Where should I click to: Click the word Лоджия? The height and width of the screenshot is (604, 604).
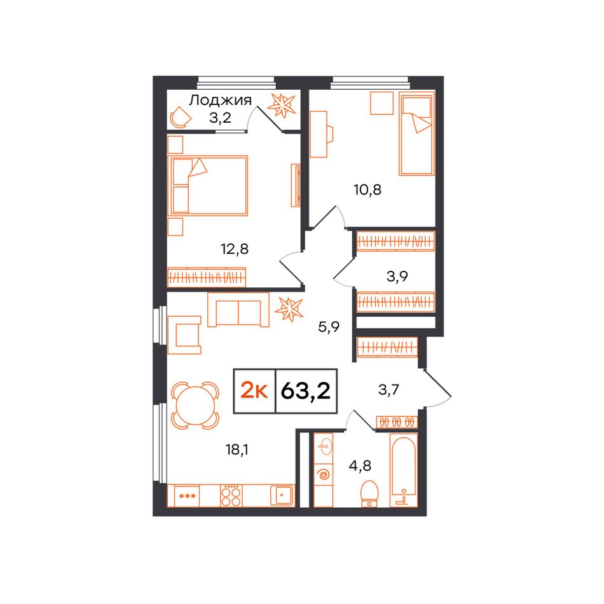click(x=220, y=100)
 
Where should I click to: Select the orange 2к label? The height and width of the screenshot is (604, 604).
click(x=254, y=391)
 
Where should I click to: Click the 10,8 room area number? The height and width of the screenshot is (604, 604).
click(x=367, y=189)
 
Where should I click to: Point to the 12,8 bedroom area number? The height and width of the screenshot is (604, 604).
click(x=234, y=249)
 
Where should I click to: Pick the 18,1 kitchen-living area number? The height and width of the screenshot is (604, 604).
click(x=237, y=449)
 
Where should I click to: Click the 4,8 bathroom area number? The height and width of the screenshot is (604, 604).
click(x=360, y=465)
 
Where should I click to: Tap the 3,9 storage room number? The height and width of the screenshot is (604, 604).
click(x=397, y=276)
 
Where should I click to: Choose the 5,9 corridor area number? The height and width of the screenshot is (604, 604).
click(x=329, y=327)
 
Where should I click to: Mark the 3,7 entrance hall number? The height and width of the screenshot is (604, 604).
click(x=388, y=390)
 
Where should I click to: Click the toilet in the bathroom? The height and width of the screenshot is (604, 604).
click(x=369, y=493)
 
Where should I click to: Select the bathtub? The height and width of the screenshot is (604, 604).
click(x=403, y=470)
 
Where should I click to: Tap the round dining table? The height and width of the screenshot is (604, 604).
click(x=195, y=406)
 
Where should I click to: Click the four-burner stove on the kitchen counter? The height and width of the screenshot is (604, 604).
click(x=231, y=495)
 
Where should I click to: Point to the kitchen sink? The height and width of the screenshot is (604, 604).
click(x=282, y=495)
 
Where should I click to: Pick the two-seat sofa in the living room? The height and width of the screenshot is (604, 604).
click(x=238, y=310)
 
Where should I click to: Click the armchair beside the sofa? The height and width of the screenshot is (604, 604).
click(x=184, y=334)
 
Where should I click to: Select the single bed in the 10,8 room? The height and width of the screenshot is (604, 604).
click(x=416, y=134)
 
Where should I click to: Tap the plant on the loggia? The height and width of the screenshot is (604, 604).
click(x=282, y=104)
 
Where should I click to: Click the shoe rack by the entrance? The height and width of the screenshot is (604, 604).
click(x=396, y=422)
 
